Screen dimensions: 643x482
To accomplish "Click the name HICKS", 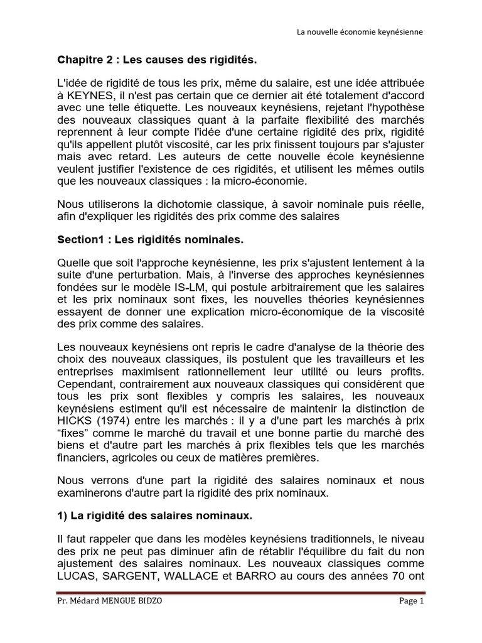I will click(73, 420).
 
